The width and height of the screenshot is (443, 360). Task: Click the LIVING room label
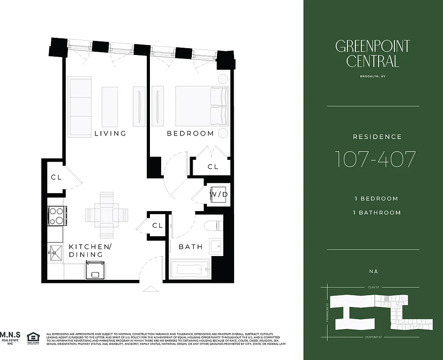tap(110, 133)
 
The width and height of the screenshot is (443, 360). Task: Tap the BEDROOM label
tap(190, 133)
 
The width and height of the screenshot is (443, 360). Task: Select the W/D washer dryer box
tap(219, 194)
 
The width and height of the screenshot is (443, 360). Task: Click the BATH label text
tap(191, 247)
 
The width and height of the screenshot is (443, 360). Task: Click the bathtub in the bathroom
tap(190, 270)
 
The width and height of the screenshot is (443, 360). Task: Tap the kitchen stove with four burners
tap(57, 215)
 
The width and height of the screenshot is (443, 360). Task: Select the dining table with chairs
tap(107, 216)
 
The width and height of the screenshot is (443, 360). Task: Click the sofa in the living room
tap(80, 107)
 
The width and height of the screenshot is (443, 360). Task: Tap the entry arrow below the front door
tap(150, 289)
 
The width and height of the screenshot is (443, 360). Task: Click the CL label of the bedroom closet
tap(213, 166)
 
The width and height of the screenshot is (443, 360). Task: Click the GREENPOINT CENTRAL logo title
tap(373, 53)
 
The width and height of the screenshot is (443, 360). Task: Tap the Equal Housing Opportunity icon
tap(33, 337)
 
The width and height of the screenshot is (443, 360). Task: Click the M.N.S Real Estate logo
tap(9, 337)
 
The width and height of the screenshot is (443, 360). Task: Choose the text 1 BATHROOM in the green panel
tap(377, 212)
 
